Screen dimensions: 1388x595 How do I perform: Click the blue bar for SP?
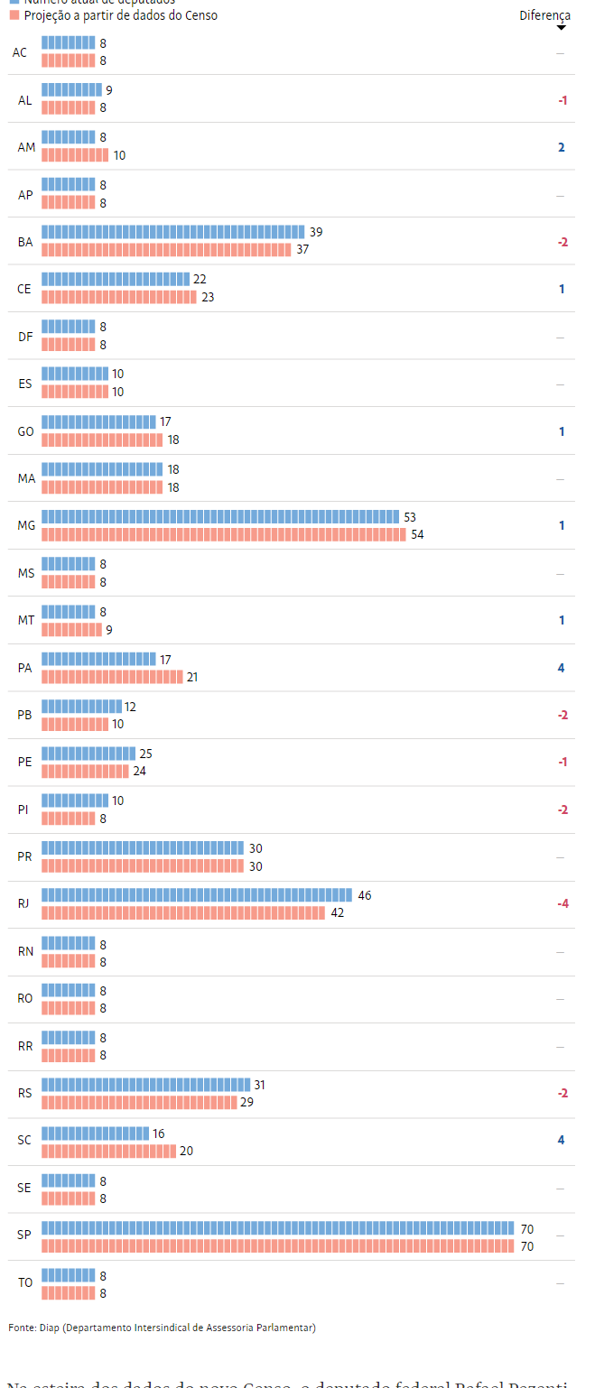coord(278,1228)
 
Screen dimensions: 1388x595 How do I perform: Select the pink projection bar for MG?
coord(224,534)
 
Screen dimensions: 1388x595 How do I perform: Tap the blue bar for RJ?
coord(197,895)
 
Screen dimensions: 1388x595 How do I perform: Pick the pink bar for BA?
coord(166,249)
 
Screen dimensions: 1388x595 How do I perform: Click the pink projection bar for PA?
coord(112,677)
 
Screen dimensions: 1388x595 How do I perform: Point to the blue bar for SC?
coord(95,1134)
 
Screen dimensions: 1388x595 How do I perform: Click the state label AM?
coord(26,147)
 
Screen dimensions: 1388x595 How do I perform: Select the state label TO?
coord(25,1282)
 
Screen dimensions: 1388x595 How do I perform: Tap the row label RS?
coord(24,1093)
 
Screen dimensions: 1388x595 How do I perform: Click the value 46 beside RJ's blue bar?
coord(365,895)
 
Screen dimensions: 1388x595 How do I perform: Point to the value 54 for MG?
coord(417,534)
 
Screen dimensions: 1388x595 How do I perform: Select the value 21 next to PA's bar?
coord(192,677)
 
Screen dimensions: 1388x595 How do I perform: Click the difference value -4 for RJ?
coord(562,903)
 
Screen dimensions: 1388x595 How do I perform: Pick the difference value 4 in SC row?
coord(561,1140)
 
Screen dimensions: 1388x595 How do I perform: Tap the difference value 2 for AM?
coord(561,147)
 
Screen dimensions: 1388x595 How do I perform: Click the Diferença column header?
coord(544,15)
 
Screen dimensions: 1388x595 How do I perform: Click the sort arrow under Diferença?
coord(561,28)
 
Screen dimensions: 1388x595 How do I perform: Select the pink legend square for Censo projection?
coord(14,15)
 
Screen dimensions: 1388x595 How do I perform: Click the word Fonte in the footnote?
coord(20,1328)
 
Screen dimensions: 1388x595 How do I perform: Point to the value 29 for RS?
coord(246,1102)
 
